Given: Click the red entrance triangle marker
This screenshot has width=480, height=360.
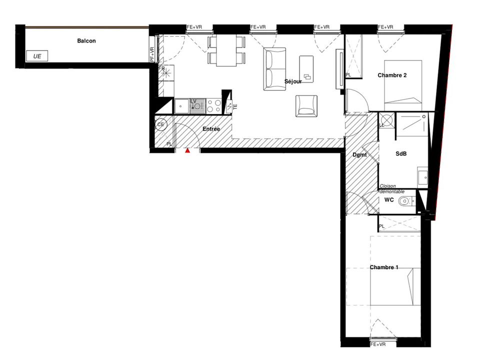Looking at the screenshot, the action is (187, 150).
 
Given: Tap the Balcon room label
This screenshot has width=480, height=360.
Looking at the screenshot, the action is (86, 40).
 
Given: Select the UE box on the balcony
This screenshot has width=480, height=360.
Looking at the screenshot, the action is (37, 56).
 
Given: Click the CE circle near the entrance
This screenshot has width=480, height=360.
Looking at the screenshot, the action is (160, 124).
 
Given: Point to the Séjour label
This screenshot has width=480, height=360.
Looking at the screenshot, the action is (293, 81).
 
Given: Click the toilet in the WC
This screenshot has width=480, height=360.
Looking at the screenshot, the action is (406, 201).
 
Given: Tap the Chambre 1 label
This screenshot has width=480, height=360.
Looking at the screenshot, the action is (384, 267).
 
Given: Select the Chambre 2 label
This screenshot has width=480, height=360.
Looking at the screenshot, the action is (392, 75).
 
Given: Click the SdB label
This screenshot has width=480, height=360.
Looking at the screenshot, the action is (401, 153).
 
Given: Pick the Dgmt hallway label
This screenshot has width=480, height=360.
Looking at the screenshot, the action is (359, 155).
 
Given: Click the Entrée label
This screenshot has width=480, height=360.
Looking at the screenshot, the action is (211, 129).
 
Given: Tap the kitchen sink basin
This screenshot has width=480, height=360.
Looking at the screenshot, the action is (181, 106).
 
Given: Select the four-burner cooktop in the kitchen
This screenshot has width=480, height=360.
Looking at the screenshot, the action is (213, 106).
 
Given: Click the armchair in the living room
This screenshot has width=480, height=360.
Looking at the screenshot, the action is (306, 106).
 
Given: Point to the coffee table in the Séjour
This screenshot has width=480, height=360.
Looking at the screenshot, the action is (306, 69).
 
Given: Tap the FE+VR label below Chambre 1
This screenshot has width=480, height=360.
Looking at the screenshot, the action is (378, 344).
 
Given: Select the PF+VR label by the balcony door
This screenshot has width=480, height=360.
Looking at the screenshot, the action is (152, 54).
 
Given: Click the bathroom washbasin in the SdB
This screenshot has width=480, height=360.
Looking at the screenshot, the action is (423, 176).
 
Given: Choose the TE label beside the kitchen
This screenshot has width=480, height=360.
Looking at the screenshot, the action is (235, 107).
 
